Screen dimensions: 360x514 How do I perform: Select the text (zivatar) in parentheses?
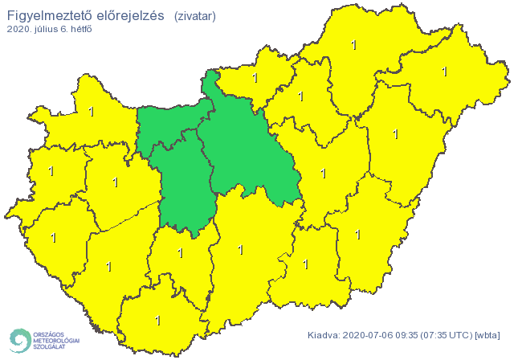pyautogui.click(x=194, y=16)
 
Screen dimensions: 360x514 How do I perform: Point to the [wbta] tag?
pyautogui.click(x=487, y=334)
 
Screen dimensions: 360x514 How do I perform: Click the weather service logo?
pyautogui.click(x=43, y=340)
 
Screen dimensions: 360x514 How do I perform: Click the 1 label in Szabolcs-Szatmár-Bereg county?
pyautogui.click(x=444, y=72)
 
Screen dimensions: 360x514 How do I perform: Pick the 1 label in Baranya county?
pyautogui.click(x=157, y=320)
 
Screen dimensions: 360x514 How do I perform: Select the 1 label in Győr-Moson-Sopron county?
pyautogui.click(x=91, y=111)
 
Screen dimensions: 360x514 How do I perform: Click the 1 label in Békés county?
pyautogui.click(x=358, y=234)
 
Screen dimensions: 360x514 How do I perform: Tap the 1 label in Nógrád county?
pyautogui.click(x=255, y=78)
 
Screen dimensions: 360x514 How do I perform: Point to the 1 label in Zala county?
pyautogui.click(x=54, y=237)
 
